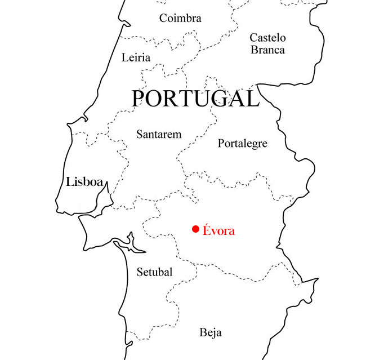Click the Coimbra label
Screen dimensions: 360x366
180,19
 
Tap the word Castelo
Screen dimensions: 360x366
267,38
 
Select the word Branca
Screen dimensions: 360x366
267,50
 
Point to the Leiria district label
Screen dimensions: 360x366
136,57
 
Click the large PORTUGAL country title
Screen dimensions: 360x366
195,99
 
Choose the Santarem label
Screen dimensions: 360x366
159,134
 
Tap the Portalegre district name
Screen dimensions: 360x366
242,144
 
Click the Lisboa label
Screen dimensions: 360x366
84,182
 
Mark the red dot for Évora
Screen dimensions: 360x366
195,229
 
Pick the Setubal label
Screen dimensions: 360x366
154,273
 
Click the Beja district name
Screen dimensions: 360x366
211,332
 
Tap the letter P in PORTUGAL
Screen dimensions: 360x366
139,99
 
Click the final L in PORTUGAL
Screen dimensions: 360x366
252,99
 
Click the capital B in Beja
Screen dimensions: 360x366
203,332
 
